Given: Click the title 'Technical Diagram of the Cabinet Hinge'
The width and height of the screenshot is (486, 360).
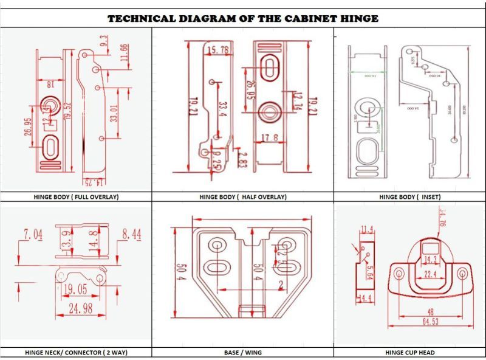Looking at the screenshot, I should [x=243, y=18].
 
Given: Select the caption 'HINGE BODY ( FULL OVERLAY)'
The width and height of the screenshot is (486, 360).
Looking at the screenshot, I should [x=76, y=197].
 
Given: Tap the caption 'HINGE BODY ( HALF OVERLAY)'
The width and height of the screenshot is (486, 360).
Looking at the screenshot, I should [x=243, y=197].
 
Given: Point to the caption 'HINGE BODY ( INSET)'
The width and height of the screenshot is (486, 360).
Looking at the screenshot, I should [x=409, y=197].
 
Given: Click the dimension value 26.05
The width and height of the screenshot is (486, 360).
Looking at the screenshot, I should [x=249, y=89].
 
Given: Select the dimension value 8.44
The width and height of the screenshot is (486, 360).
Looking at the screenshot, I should [x=132, y=234].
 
